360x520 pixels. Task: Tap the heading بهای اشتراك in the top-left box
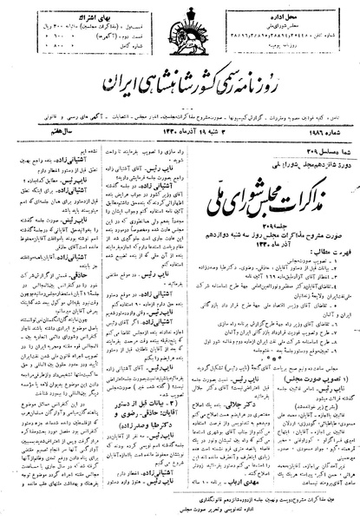point(76,10)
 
